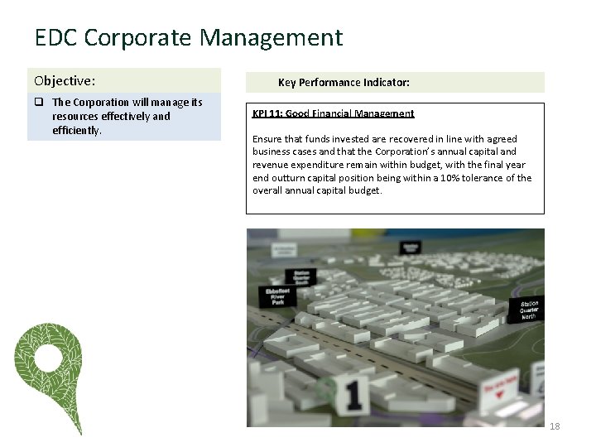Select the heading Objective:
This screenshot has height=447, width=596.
65,81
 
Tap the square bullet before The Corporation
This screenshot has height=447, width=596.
39,103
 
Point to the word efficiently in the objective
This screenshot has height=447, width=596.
75,131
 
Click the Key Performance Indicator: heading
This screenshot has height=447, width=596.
344,83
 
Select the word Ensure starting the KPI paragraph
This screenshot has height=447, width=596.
267,139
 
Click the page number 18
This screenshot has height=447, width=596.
555,426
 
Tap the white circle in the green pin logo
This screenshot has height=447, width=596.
48,358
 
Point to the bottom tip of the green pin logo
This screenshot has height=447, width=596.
79,432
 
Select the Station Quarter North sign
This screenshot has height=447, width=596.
530,310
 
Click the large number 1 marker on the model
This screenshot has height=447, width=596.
353,396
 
